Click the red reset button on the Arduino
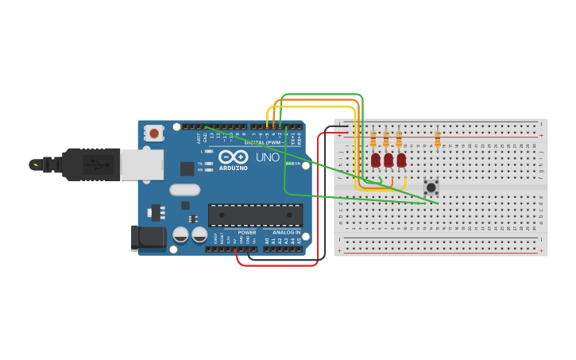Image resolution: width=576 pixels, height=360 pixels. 154,133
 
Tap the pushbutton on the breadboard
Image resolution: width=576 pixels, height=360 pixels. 431,187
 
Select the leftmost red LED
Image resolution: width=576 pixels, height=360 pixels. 375,161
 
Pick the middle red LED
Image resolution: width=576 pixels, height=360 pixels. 388,161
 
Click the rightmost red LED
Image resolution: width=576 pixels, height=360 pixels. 401,161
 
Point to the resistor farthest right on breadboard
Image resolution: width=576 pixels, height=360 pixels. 437,140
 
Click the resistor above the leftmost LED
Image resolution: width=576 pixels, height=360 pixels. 373,140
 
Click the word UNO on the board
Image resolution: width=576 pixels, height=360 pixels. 267,157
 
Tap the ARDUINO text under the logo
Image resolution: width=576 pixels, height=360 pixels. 234,168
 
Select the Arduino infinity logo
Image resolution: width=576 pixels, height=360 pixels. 234,157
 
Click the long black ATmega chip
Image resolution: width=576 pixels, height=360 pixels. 255,215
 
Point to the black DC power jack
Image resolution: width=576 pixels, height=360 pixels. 149,238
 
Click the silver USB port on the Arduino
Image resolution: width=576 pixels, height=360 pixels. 141,164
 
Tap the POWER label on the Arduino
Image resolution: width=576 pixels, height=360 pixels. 247,233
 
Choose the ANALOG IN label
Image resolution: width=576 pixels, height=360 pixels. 286,233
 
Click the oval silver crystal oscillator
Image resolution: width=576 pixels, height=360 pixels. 184,190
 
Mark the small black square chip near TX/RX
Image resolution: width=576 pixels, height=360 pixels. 187,168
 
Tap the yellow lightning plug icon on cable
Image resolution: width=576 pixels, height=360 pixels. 34,165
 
